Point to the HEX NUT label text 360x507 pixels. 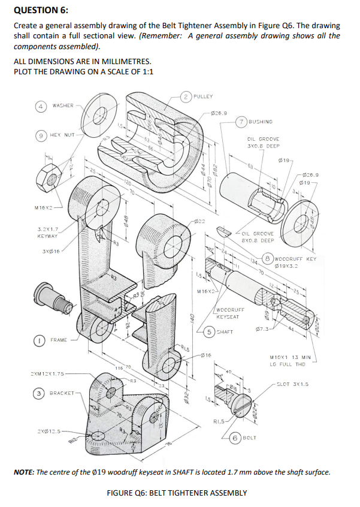(62, 135)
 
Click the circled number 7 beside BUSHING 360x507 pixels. (240, 120)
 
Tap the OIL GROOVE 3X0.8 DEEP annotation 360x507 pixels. (263, 141)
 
